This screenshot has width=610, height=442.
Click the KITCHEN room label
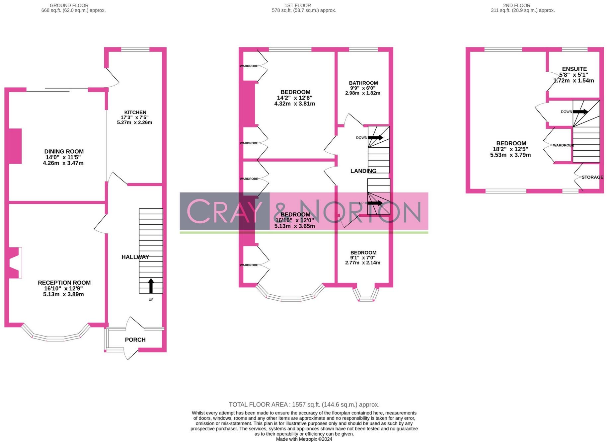pyautogui.click(x=135, y=112)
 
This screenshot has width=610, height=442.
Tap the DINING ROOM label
pyautogui.click(x=64, y=152)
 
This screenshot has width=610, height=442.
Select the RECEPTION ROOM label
pyautogui.click(x=64, y=283)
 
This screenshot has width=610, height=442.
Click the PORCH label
pyautogui.click(x=135, y=340)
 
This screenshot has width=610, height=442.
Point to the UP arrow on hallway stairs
pyautogui.click(x=151, y=286)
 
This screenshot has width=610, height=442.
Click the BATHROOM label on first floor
pyautogui.click(x=363, y=83)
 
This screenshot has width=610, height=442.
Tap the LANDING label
pyautogui.click(x=363, y=171)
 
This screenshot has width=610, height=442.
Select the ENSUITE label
pyautogui.click(x=574, y=69)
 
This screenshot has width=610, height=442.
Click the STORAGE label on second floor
pyautogui.click(x=592, y=177)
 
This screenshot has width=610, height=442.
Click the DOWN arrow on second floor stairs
pyautogui.click(x=580, y=112)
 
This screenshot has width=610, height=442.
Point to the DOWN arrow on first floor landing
pyautogui.click(x=375, y=137)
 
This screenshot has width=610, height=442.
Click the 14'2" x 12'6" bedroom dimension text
pyautogui.click(x=294, y=98)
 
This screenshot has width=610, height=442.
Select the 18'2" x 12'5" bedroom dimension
pyautogui.click(x=510, y=149)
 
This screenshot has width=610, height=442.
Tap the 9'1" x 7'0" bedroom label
pyautogui.click(x=363, y=253)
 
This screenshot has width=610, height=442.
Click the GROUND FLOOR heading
pyautogui.click(x=69, y=5)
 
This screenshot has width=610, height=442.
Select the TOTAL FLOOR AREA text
pyautogui.click(x=304, y=405)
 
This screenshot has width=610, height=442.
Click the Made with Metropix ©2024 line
pyautogui.click(x=304, y=439)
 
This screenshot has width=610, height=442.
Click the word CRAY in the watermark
pyautogui.click(x=224, y=211)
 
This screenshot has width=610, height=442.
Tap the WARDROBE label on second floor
pyautogui.click(x=563, y=145)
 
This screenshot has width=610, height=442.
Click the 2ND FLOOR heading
pyautogui.click(x=516, y=5)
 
